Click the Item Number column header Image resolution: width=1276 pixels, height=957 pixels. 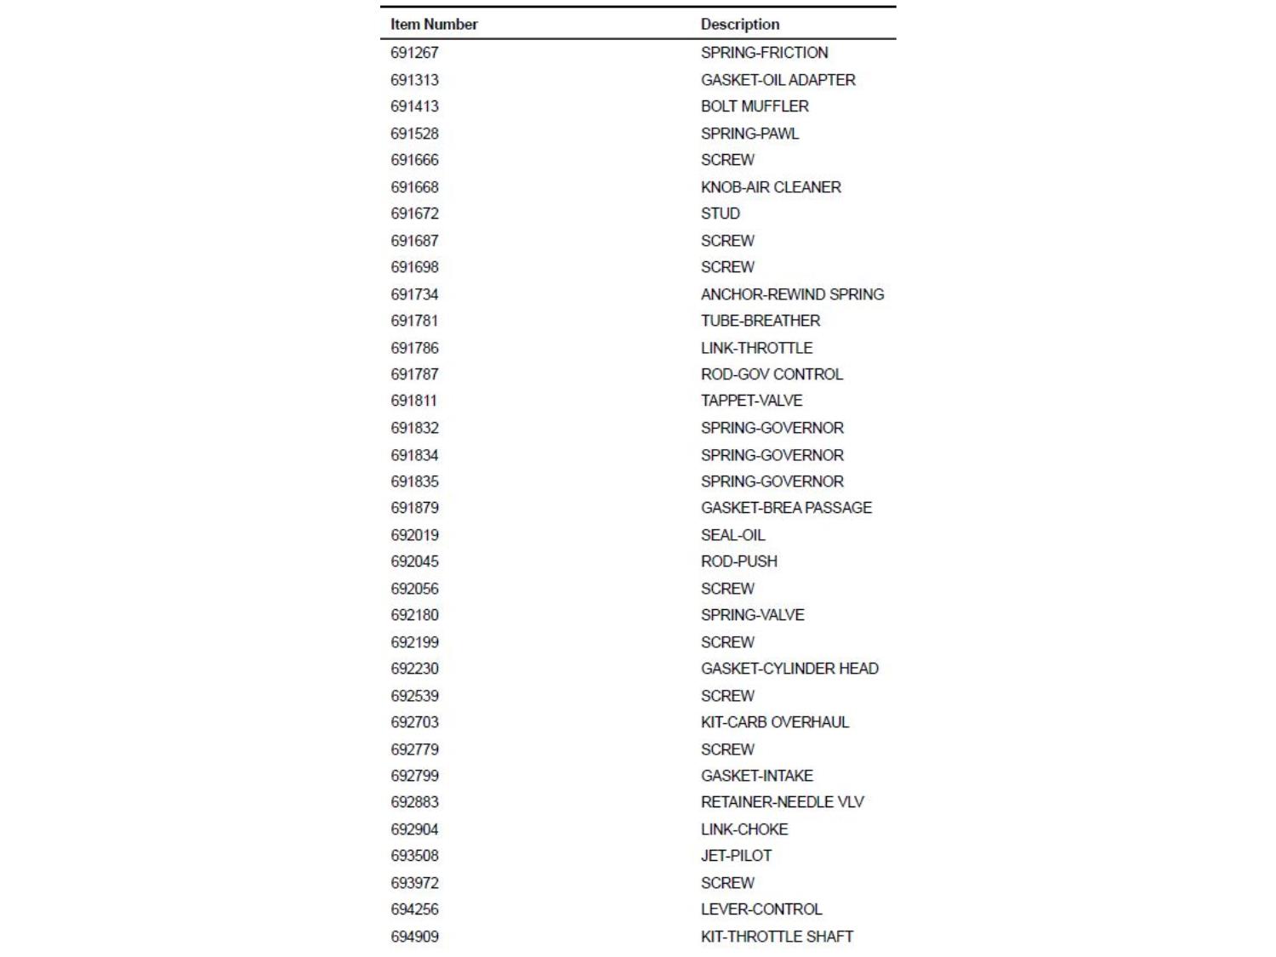coord(434,25)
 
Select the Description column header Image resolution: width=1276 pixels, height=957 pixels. coord(739,25)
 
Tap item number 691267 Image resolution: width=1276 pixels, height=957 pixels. coord(414,53)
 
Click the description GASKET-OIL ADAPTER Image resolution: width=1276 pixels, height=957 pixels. coord(778,80)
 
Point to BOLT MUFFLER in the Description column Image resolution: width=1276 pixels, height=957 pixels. coord(755,106)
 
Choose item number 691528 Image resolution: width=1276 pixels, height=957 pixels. coord(414,134)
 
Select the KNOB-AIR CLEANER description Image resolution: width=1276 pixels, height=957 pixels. coord(771,187)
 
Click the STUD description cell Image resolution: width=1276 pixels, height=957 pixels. coord(720,214)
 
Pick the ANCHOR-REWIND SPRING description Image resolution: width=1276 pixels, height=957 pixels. coord(792,294)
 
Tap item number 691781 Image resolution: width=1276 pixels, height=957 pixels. coord(414,321)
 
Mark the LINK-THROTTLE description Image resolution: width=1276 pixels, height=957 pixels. coord(756,348)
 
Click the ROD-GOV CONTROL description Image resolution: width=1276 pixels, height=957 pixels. coord(772,374)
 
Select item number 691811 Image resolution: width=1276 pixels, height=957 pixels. coord(413,401)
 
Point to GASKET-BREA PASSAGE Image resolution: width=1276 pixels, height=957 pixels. coord(786,508)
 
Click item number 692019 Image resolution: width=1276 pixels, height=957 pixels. coord(414,535)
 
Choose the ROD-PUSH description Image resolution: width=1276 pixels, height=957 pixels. coord(738,561)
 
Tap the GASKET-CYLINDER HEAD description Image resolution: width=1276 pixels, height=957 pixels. coord(789,669)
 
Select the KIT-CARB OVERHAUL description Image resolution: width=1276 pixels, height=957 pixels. coord(774,722)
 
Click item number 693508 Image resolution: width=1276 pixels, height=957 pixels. coord(414,856)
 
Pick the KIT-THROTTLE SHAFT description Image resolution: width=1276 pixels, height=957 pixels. coord(777,937)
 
